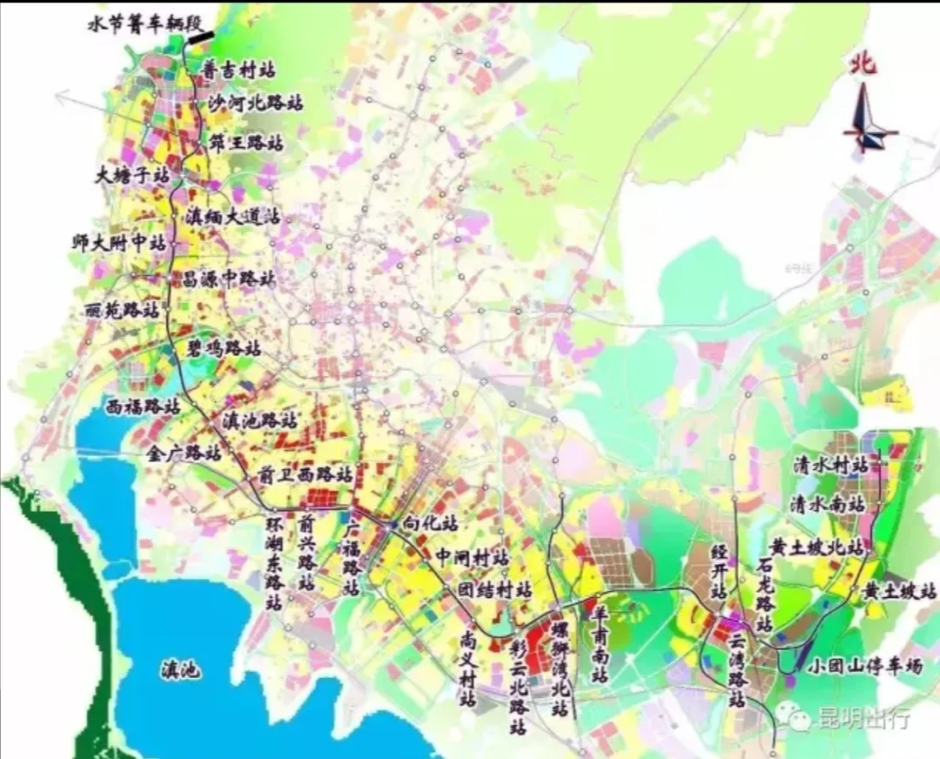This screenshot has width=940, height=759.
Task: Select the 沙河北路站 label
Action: [x=255, y=104]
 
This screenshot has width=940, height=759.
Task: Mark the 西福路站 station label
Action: [x=142, y=406]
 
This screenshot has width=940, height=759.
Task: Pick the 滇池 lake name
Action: [x=181, y=670]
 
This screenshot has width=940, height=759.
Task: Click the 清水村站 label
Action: [x=830, y=466]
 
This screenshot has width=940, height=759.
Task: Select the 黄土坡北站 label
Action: [x=818, y=548]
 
